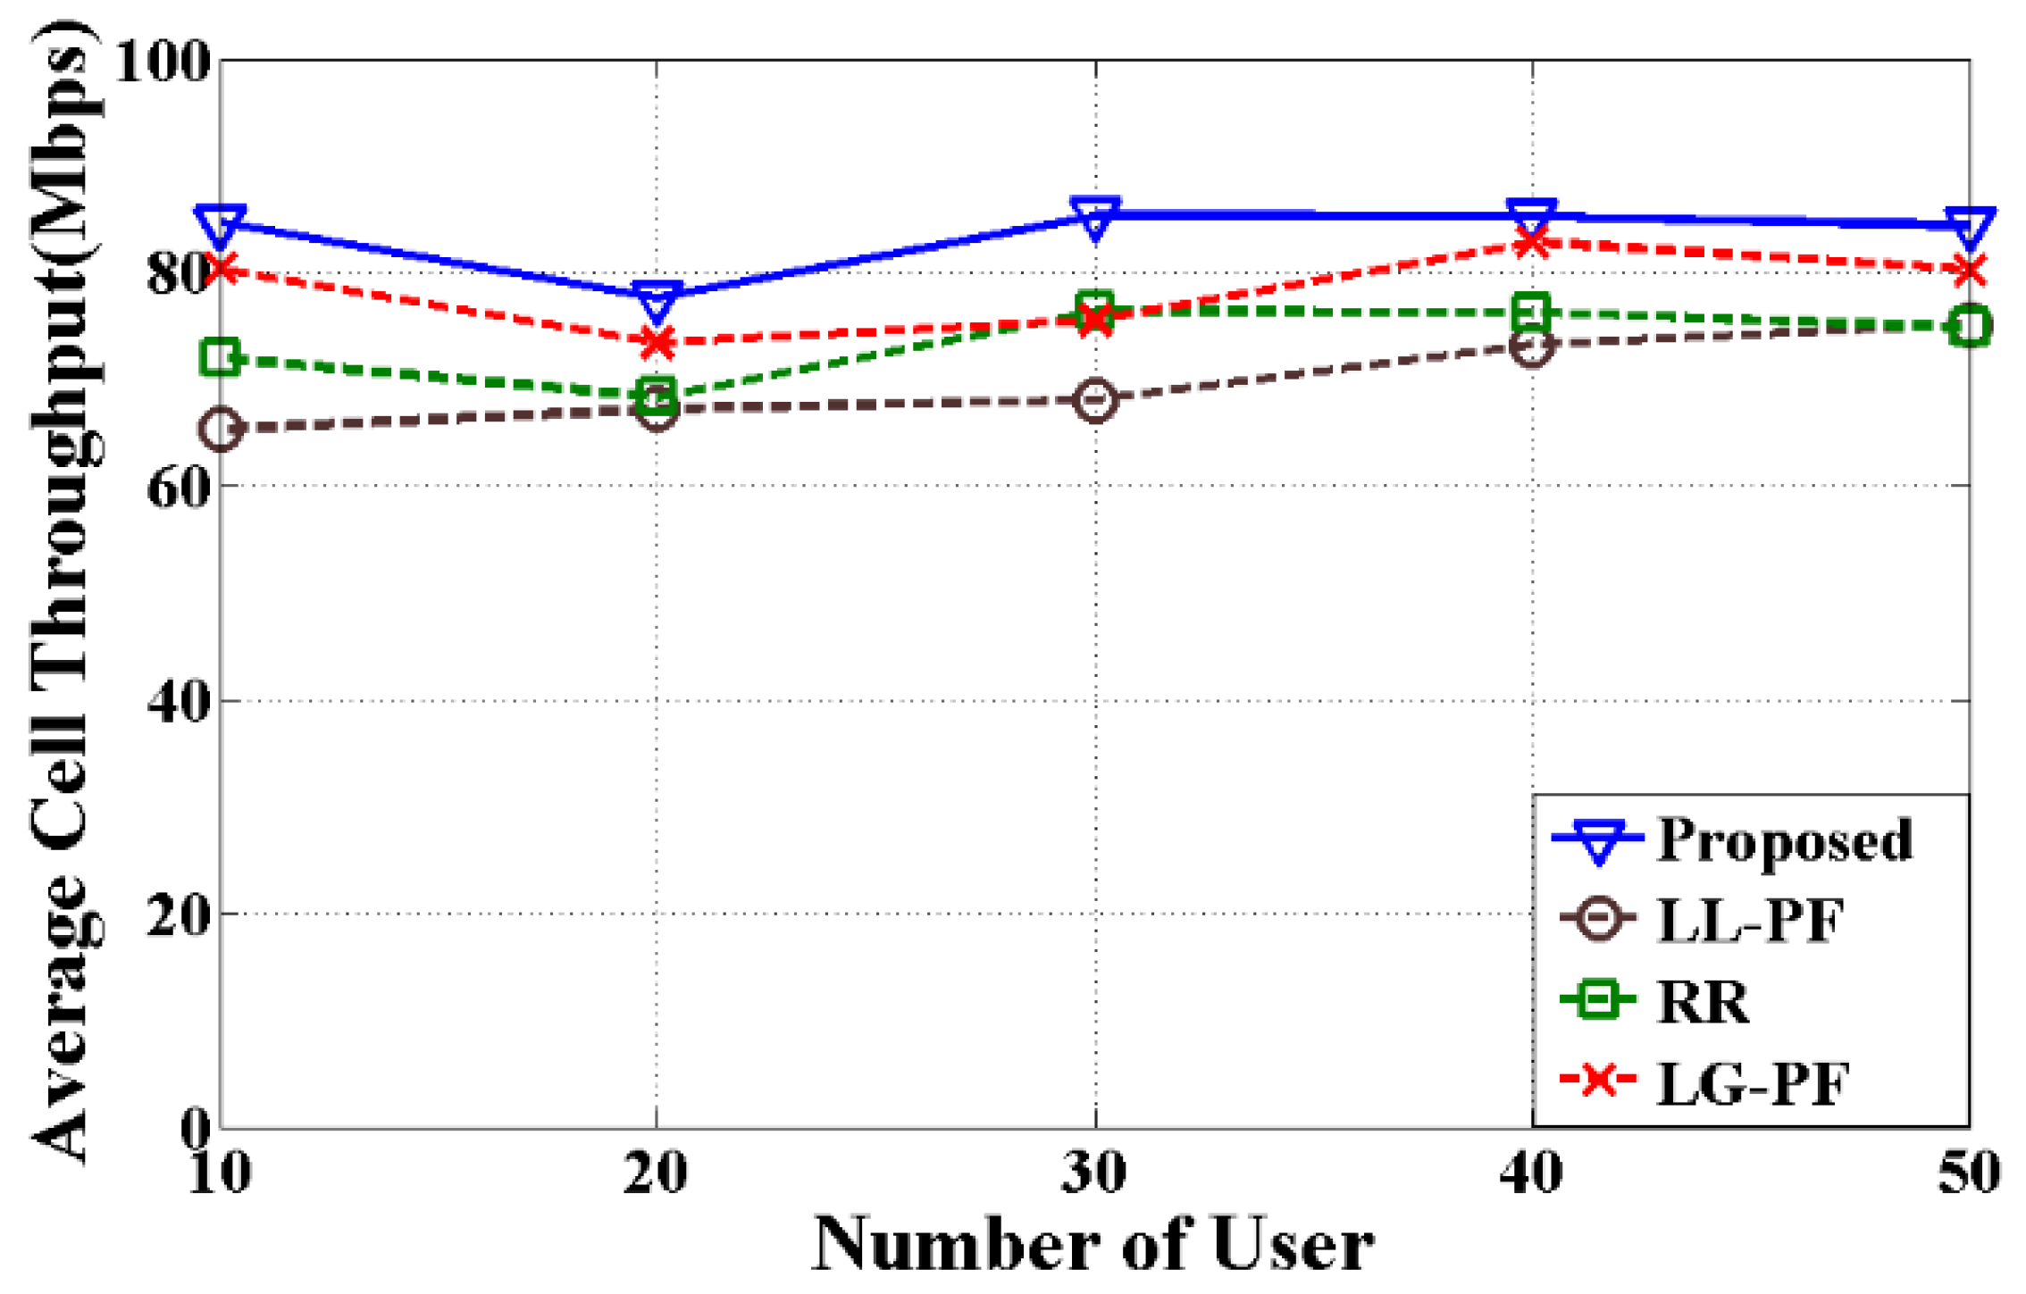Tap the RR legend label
click(x=1702, y=1001)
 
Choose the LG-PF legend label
click(x=1751, y=1082)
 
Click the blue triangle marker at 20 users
click(x=657, y=299)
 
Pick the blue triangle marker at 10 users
click(x=221, y=223)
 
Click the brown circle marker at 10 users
click(x=221, y=430)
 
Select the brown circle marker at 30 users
click(x=1094, y=399)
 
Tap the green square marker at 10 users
click(x=221, y=358)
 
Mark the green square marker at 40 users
click(x=1531, y=313)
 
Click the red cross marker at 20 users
click(x=657, y=342)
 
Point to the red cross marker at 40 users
click(x=1531, y=241)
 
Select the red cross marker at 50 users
click(x=1968, y=271)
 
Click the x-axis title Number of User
click(x=1093, y=1244)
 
